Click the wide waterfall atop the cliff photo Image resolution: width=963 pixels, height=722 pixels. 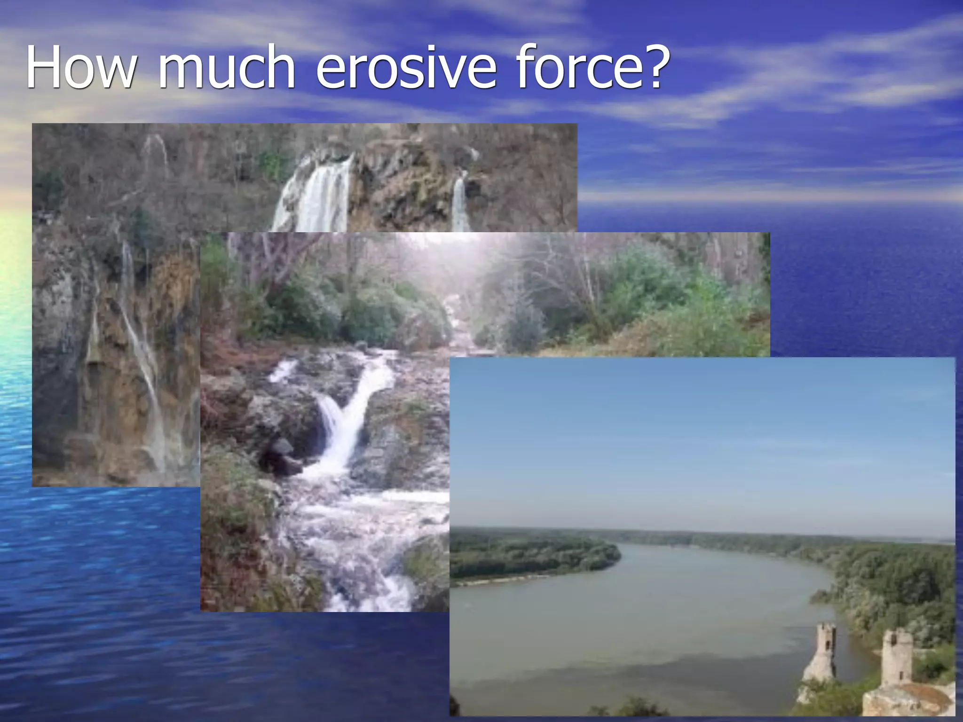tap(320, 197)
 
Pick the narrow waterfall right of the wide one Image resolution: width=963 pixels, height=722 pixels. tap(460, 202)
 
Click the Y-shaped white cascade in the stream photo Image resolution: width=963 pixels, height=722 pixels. tap(348, 423)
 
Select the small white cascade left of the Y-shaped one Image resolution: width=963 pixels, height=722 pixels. tap(283, 370)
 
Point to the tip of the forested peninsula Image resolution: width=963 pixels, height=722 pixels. tap(616, 552)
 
